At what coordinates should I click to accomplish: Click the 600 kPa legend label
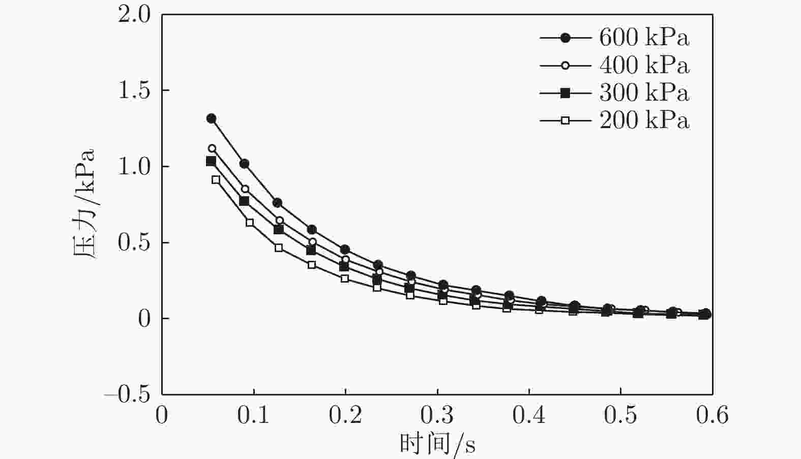644,38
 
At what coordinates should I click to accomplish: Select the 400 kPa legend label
644,65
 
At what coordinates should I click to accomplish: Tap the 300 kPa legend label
644,93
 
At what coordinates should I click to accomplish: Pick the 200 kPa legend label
644,120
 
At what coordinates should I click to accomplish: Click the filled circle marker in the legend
565,38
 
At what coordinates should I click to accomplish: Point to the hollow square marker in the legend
565,120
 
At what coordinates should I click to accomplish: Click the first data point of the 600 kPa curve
211,118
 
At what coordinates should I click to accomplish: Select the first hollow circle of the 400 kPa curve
212,148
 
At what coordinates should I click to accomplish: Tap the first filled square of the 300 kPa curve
211,161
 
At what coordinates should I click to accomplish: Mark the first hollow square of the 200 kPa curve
216,179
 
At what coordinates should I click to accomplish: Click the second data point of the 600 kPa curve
244,164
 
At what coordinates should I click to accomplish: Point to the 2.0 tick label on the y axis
134,14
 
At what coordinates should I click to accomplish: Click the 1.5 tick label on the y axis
134,90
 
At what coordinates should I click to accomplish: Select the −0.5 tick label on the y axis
128,394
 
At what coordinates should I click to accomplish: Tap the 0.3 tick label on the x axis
437,415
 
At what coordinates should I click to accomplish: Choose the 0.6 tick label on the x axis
712,415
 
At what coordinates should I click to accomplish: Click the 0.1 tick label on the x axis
253,415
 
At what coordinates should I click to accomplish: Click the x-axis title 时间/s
437,444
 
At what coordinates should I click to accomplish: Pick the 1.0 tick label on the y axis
134,167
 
